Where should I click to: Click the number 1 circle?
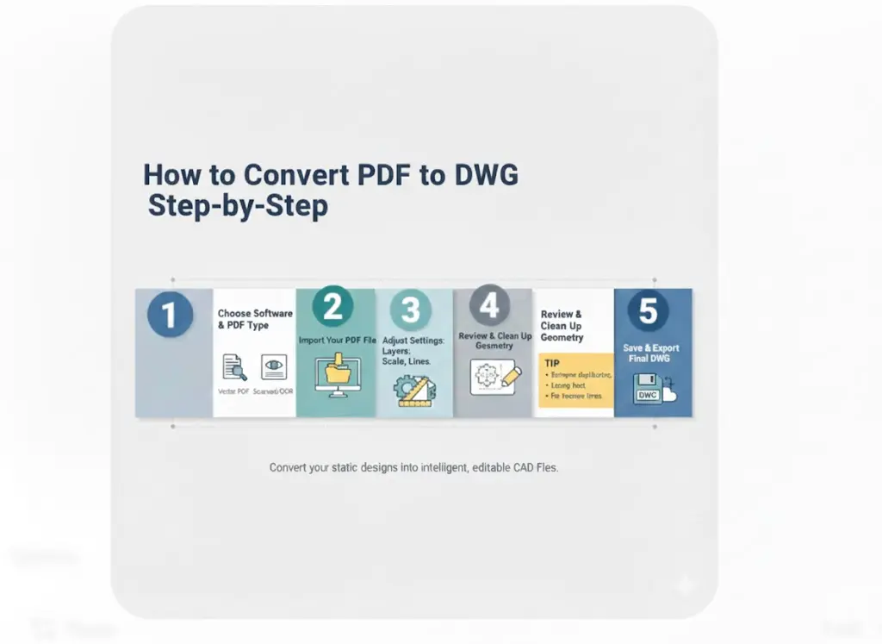point(169,316)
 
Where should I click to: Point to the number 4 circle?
point(489,306)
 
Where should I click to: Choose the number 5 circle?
point(648,311)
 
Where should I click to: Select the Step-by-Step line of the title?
point(238,207)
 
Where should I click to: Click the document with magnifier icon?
point(233,367)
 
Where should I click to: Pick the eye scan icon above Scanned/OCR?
point(273,366)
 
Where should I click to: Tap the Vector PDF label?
point(233,392)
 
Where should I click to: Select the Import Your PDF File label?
point(337,341)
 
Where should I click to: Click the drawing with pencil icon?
point(494,377)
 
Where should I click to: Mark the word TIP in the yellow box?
point(552,364)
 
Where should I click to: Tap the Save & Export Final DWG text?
point(651,353)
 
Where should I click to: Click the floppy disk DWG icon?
point(649,390)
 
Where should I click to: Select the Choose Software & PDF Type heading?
point(255,319)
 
